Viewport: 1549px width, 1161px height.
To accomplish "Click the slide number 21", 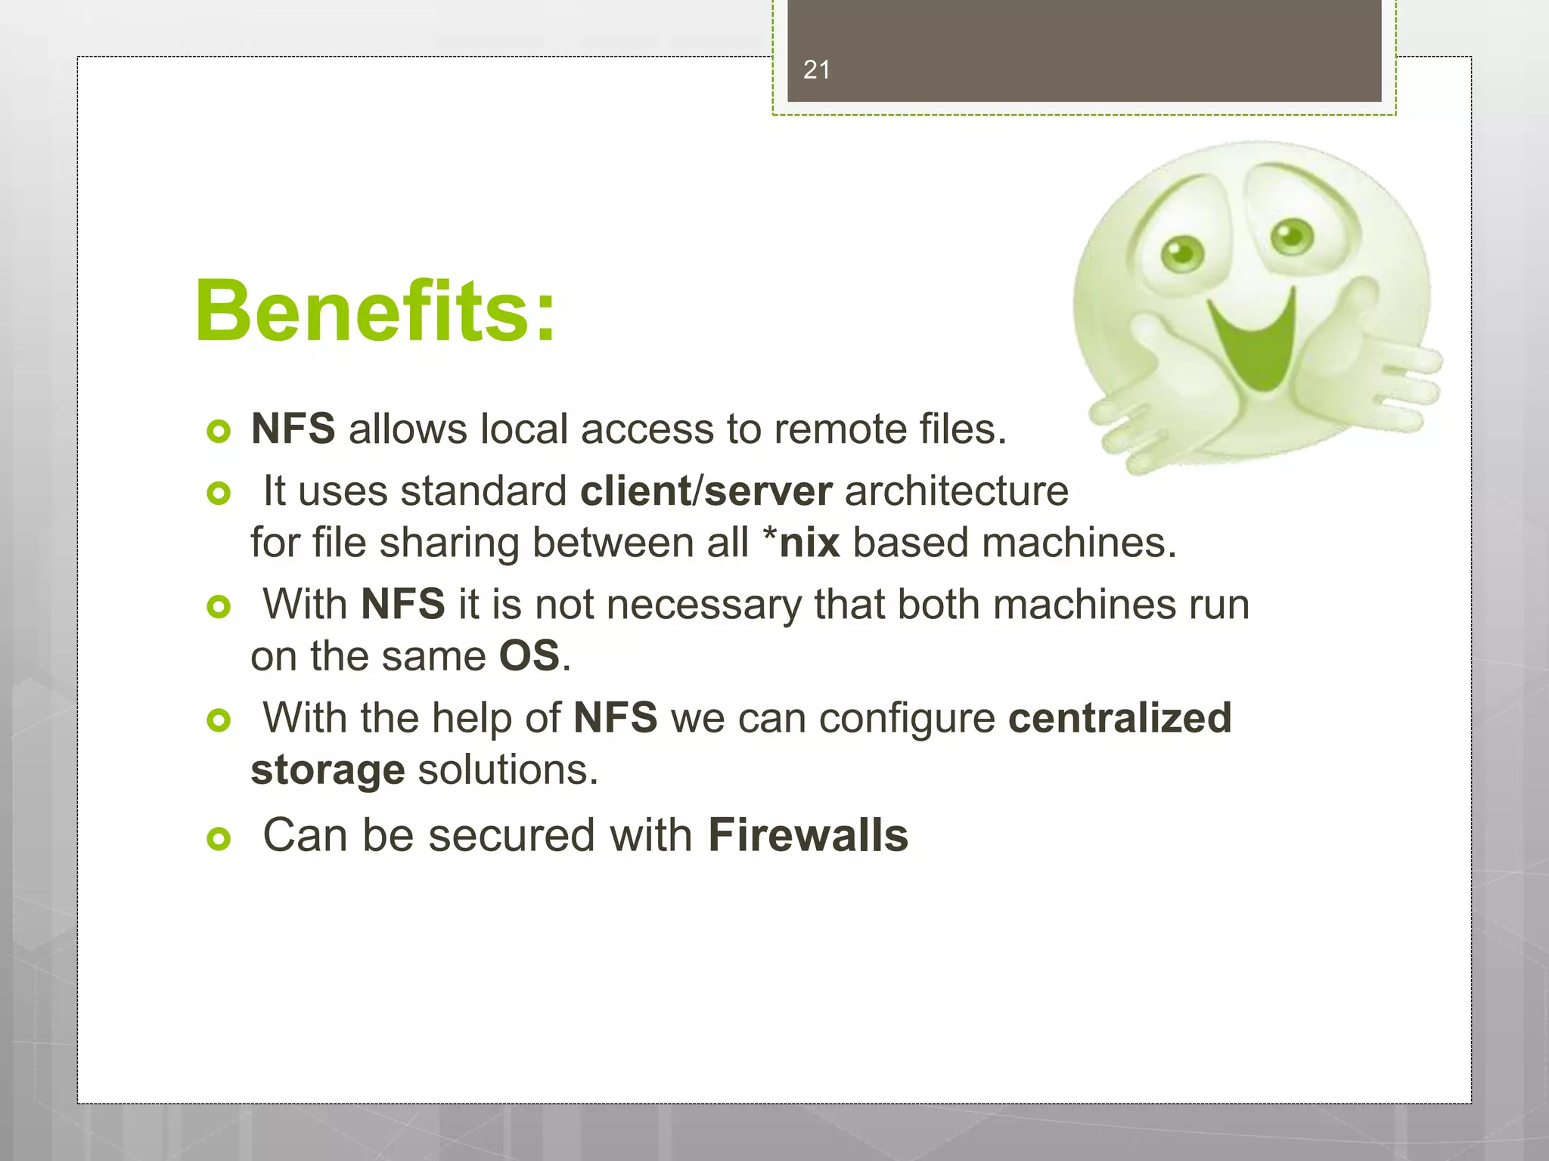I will (x=816, y=70).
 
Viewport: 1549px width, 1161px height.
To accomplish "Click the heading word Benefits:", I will (x=375, y=311).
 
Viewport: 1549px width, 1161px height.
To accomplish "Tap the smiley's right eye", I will (x=1292, y=235).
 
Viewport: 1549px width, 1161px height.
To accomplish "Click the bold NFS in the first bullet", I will (x=293, y=429).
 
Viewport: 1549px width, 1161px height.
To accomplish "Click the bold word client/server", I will (x=706, y=491).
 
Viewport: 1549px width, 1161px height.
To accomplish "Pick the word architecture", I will (x=956, y=491).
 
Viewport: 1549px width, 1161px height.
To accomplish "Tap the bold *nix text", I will (x=801, y=543).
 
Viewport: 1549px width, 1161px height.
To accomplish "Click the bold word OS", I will (x=529, y=656).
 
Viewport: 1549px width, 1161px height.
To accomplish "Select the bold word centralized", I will (x=1119, y=717).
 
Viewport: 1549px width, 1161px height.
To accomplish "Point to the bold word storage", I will (x=327, y=770).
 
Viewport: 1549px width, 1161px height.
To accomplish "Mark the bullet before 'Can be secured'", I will (x=219, y=838).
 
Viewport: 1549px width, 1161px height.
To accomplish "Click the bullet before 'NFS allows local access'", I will (x=219, y=432).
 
